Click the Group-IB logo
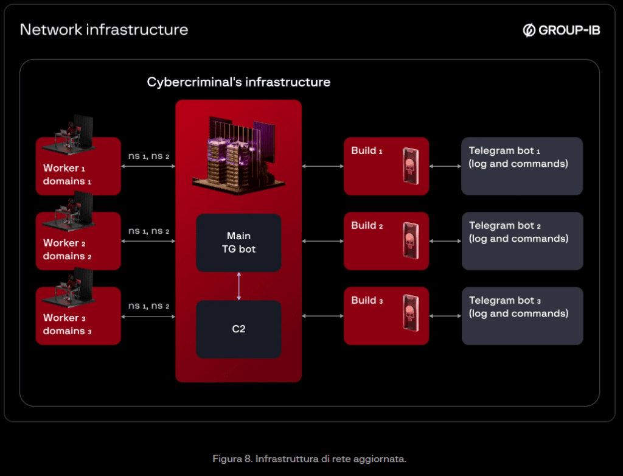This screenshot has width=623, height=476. click(x=561, y=30)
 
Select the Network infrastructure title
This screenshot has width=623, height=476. click(x=104, y=29)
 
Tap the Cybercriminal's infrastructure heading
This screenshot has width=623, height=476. click(x=238, y=82)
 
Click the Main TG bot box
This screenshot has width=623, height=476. click(x=238, y=242)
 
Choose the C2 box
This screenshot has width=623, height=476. click(x=238, y=329)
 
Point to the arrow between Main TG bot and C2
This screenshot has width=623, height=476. click(x=238, y=285)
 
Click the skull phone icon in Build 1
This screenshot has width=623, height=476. click(x=411, y=166)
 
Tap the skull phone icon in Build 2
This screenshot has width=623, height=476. click(x=411, y=240)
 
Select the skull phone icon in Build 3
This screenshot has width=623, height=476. click(x=411, y=315)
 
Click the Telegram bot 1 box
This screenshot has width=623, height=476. click(x=522, y=166)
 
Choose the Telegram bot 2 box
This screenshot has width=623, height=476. click(x=522, y=241)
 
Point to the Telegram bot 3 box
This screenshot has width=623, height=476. click(x=522, y=316)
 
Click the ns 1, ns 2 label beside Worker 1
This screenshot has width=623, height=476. click(x=148, y=156)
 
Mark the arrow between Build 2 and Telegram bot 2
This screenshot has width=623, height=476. click(x=445, y=241)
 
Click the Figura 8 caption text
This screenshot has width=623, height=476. click(x=309, y=458)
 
